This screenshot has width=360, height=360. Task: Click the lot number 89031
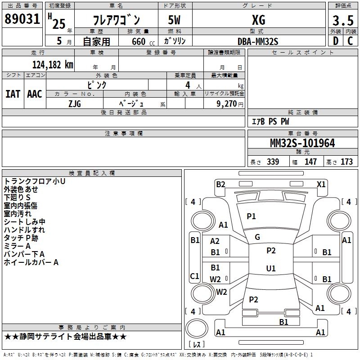tap(22, 19)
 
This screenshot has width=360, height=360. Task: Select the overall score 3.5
tap(342, 21)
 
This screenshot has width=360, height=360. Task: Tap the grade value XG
tap(258, 20)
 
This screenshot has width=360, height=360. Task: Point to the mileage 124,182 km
tap(52, 64)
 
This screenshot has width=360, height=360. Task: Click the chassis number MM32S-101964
tap(302, 143)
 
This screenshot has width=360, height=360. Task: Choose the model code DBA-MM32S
tap(258, 41)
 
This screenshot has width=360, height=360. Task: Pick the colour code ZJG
tap(75, 103)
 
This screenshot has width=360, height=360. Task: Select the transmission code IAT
tap(13, 94)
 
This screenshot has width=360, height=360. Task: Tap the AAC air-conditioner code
tap(35, 94)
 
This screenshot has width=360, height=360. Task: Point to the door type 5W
tap(175, 20)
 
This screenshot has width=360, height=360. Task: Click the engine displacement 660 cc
tap(138, 41)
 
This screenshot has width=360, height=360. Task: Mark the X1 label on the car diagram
tap(321, 184)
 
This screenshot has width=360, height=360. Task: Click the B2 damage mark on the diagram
tap(220, 184)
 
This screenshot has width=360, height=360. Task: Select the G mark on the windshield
tap(257, 237)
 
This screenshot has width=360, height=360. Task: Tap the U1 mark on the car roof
tap(271, 268)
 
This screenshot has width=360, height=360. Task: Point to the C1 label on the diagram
tap(195, 276)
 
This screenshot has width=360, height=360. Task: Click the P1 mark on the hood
tap(251, 216)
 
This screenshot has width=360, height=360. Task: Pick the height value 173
tap(347, 162)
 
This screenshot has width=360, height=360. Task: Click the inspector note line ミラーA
tap(17, 246)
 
